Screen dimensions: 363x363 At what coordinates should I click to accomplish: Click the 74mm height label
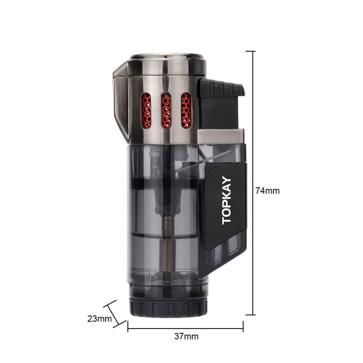267,191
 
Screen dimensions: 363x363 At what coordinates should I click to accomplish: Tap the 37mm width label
186,336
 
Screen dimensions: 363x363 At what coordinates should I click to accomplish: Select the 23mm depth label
99,319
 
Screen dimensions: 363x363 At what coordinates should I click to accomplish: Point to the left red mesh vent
146,110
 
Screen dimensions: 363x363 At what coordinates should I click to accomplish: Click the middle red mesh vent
166,110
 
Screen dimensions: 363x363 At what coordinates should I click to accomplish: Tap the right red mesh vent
186,110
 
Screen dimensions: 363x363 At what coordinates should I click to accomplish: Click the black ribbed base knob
168,308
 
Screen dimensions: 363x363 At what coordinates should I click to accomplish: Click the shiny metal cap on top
167,64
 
